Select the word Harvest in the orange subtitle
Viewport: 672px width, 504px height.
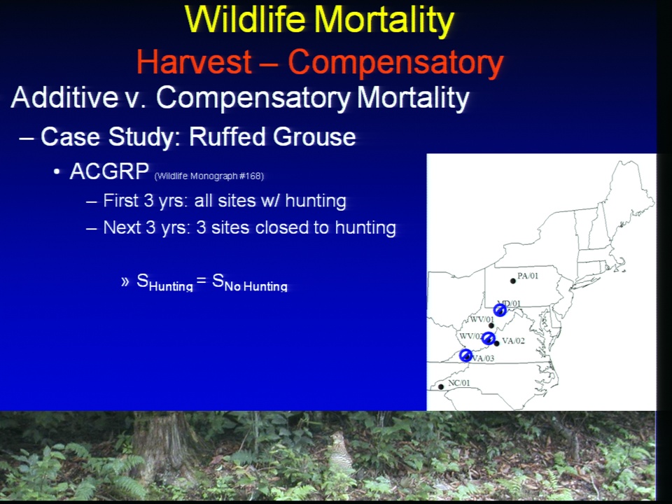coord(194,62)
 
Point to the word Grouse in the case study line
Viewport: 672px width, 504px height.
coord(314,136)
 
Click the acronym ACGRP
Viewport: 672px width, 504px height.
coord(109,171)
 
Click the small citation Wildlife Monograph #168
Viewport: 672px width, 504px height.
coord(209,176)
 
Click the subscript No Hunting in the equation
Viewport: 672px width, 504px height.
coord(256,287)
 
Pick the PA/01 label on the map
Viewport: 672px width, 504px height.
coord(528,276)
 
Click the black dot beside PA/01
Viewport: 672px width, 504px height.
coord(513,281)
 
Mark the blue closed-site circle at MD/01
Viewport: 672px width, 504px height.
coord(500,310)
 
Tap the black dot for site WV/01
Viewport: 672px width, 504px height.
coord(491,325)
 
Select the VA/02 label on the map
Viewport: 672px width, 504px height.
coord(513,341)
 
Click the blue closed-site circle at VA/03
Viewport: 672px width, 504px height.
coord(466,356)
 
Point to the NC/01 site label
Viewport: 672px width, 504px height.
coord(458,383)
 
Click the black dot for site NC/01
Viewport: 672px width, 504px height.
coord(441,387)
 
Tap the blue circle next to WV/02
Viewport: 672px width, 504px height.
coord(488,338)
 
